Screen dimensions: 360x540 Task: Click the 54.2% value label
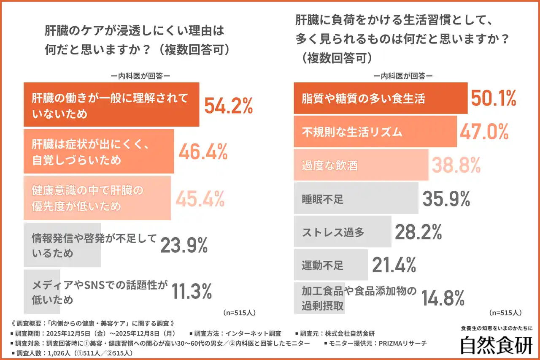[x=228, y=105]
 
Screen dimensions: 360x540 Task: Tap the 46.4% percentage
[x=203, y=152]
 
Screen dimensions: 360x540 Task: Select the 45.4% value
[x=200, y=199]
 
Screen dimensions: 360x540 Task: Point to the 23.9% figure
[x=184, y=245]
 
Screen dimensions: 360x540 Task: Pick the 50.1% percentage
[x=493, y=98]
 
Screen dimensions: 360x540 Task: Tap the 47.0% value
[x=483, y=132]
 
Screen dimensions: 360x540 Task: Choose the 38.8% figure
[x=456, y=165]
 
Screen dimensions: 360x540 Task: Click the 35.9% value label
[x=446, y=199]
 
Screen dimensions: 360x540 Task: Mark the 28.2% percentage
[x=418, y=232]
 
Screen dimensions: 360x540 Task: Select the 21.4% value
[x=394, y=265]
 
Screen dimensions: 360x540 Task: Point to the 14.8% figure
[x=443, y=298]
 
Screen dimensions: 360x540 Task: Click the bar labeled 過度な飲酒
[x=361, y=165]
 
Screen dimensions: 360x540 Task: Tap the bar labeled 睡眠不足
[x=356, y=198]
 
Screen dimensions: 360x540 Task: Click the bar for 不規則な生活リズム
[x=375, y=132]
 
